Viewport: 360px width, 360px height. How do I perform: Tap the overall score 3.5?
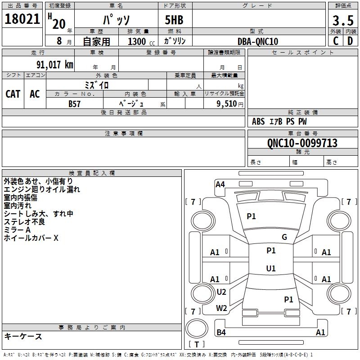pos(342,21)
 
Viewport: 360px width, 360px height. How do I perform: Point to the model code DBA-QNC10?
pos(258,41)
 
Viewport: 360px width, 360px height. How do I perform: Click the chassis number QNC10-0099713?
pos(302,143)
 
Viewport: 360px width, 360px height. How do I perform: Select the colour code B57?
pos(75,104)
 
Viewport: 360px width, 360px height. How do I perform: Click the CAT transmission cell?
pos(13,94)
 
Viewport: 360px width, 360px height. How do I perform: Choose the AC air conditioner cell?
pos(35,94)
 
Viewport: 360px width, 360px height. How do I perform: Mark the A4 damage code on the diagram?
pos(220,184)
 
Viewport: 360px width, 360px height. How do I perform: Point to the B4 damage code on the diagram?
pos(221,333)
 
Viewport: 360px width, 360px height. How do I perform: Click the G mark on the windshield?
pos(284,237)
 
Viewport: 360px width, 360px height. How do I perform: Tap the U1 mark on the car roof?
pos(271,269)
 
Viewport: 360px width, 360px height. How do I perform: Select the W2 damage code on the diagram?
pos(221,308)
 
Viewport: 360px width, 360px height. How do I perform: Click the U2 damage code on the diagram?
pos(221,292)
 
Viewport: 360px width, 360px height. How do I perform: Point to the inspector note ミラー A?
pos(17,230)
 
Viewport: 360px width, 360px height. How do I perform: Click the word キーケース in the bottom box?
pos(23,337)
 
